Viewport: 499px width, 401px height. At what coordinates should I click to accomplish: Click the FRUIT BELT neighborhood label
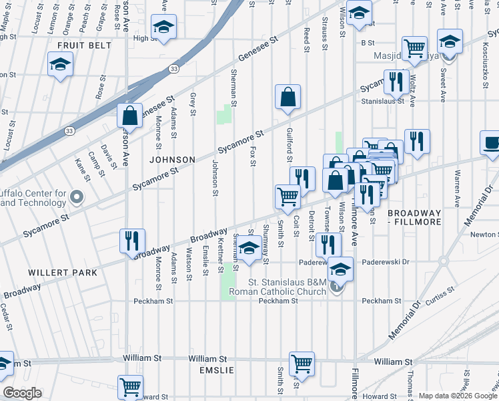[x=77, y=45]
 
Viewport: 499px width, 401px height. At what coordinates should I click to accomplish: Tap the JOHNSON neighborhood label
[x=172, y=160]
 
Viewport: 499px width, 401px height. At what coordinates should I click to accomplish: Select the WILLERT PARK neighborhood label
[x=63, y=273]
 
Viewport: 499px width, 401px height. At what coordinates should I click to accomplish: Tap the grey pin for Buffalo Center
[x=75, y=196]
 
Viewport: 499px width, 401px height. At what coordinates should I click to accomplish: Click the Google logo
[x=22, y=393]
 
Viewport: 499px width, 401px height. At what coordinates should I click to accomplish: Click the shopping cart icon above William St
[x=302, y=364]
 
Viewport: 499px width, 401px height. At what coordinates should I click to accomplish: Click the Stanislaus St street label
[x=383, y=101]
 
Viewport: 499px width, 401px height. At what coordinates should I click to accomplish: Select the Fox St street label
[x=254, y=158]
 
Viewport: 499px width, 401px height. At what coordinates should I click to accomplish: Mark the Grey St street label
[x=192, y=104]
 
